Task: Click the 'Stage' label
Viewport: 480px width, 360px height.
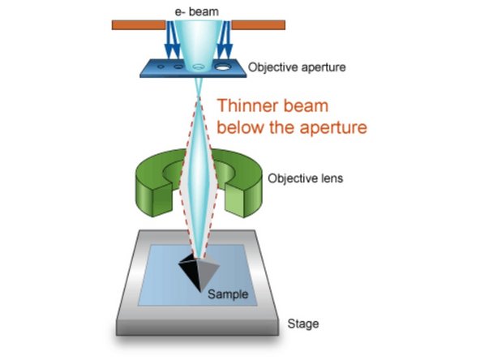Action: [303, 324]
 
